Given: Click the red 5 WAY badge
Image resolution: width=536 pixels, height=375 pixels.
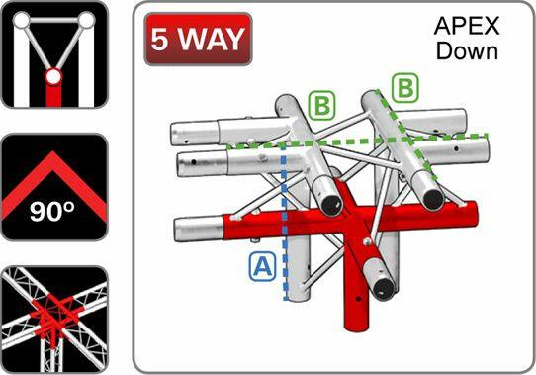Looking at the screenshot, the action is (198, 39).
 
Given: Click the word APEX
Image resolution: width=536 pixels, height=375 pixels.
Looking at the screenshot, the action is (467, 26).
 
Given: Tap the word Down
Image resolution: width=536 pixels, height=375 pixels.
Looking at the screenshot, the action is (467, 51).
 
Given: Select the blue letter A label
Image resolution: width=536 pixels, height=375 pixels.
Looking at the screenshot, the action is (262, 266).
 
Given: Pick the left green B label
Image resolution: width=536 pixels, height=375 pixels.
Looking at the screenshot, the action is (321, 106).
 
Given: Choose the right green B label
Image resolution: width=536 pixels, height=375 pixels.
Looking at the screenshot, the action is (405, 88).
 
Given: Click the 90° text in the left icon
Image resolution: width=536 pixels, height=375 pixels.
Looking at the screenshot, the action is (52, 211).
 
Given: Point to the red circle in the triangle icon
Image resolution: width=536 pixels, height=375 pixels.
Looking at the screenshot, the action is (53, 76).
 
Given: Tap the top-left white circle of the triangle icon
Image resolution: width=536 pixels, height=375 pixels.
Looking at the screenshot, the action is (22, 20).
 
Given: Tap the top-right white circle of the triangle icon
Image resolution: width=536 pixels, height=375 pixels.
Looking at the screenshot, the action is (86, 20).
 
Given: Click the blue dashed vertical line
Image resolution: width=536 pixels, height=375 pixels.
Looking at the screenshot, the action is (285, 223).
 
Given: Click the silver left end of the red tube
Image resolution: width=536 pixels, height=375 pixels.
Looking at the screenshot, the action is (199, 229).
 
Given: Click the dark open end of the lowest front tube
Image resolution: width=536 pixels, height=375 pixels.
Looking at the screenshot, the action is (383, 289).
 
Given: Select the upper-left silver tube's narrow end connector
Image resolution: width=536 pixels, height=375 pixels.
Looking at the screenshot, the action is (195, 134).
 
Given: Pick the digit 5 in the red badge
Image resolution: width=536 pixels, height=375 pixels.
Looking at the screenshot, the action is (160, 39).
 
